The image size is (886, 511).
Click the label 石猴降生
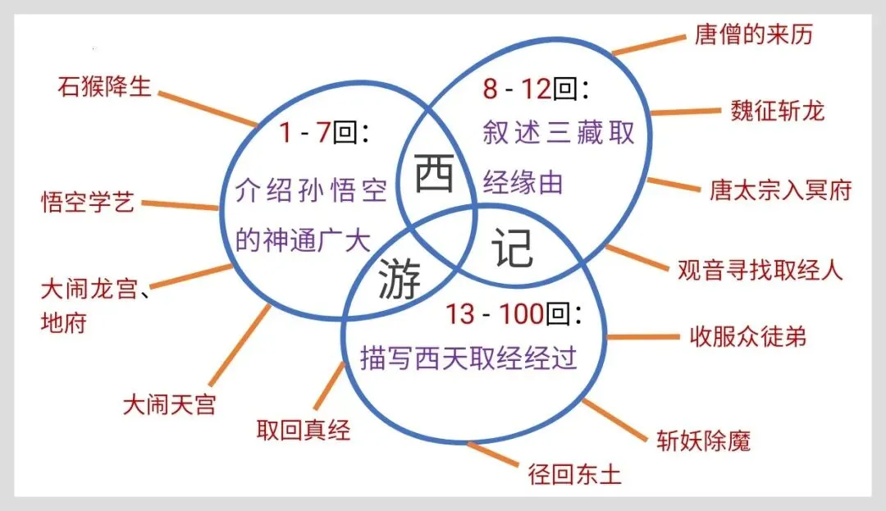coord(105,86)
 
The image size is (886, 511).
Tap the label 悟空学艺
coord(88,202)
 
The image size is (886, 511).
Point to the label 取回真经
coord(304,429)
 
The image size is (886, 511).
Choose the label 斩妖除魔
coord(703,440)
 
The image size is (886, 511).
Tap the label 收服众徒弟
coord(747,336)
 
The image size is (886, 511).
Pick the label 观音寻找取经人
coord(760,269)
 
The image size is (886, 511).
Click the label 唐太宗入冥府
coord(780,190)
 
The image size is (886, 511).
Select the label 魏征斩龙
coord(777,111)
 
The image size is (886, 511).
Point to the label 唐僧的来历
coord(753,34)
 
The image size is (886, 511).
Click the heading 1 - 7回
coord(323,131)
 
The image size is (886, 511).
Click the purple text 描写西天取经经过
coord(468,358)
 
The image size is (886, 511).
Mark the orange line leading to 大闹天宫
coord(240,342)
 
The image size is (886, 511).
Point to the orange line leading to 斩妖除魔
coord(614,417)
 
